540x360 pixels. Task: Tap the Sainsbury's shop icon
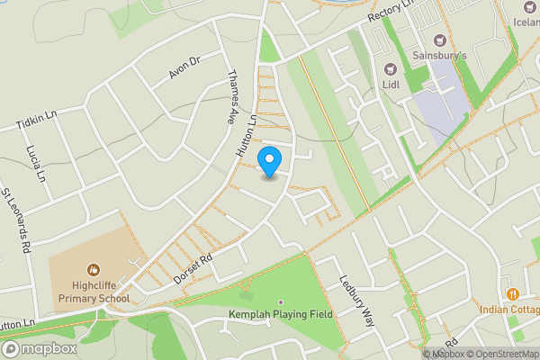(x=440, y=40)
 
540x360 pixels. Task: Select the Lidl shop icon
(x=391, y=69)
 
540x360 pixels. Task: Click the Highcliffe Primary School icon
(x=94, y=269)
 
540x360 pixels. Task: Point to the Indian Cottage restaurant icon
(x=512, y=293)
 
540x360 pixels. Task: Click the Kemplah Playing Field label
(x=281, y=313)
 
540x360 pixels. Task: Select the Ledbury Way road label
(x=355, y=301)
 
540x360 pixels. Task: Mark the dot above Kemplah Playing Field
(x=281, y=301)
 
